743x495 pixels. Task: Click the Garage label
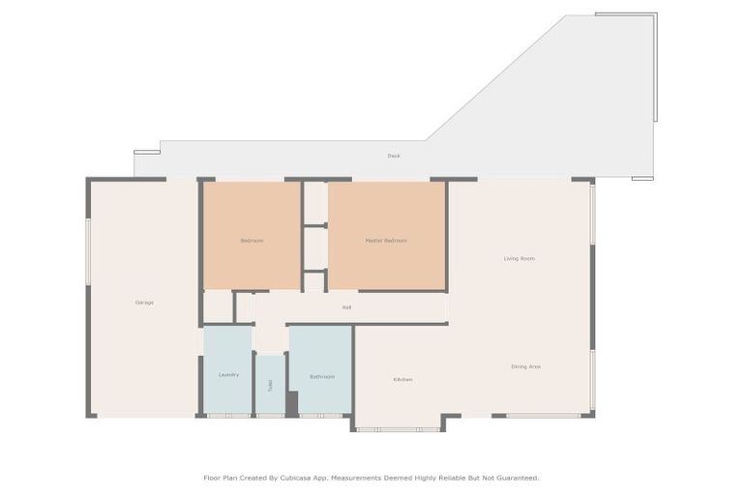pyautogui.click(x=144, y=303)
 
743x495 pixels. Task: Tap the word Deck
pyautogui.click(x=394, y=156)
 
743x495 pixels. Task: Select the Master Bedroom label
pyautogui.click(x=386, y=240)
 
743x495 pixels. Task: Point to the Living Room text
pyautogui.click(x=520, y=258)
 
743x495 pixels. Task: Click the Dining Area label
pyautogui.click(x=525, y=366)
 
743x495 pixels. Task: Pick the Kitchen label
pyautogui.click(x=402, y=379)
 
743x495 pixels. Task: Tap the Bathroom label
pyautogui.click(x=322, y=376)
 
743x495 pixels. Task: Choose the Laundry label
pyautogui.click(x=228, y=374)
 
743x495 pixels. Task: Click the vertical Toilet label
pyautogui.click(x=270, y=384)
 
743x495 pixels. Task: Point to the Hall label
pyautogui.click(x=346, y=307)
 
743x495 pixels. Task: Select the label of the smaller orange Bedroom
pyautogui.click(x=252, y=240)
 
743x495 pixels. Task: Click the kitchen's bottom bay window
pyautogui.click(x=398, y=429)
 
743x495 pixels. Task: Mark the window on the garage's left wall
pyautogui.click(x=88, y=251)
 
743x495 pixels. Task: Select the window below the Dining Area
pyautogui.click(x=543, y=416)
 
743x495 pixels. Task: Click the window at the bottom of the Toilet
pyautogui.click(x=270, y=416)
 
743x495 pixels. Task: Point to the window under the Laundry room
pyautogui.click(x=228, y=416)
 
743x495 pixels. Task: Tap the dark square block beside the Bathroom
pyautogui.click(x=292, y=403)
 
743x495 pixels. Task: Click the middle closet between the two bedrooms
pyautogui.click(x=314, y=247)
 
